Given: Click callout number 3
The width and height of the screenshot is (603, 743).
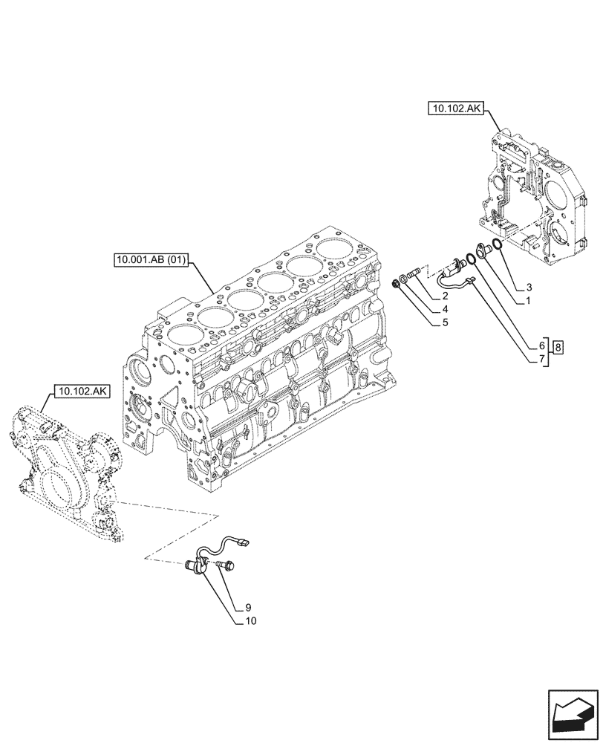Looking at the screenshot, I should tap(529, 287).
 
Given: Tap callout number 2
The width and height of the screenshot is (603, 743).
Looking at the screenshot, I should tap(443, 296).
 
